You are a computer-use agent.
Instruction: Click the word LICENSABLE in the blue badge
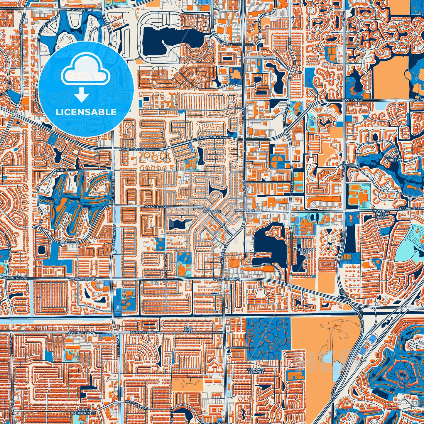click(x=86, y=112)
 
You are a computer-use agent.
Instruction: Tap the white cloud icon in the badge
click(x=86, y=72)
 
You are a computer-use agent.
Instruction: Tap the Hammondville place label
click(x=244, y=211)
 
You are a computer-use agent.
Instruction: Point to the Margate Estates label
click(x=256, y=370)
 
